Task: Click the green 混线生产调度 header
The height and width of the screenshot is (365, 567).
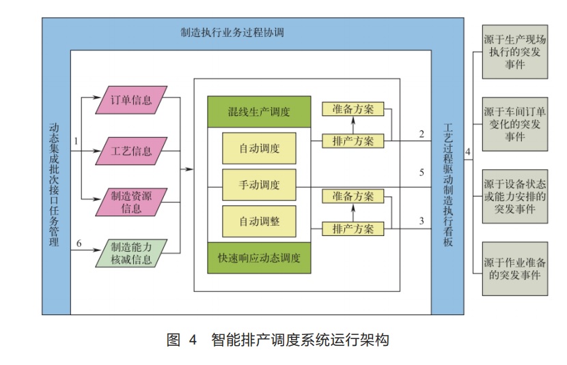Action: click(259, 112)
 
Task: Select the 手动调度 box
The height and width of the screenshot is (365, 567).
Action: click(259, 185)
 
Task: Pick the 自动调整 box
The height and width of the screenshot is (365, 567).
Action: click(259, 221)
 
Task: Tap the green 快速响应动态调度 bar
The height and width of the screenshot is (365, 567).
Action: click(259, 259)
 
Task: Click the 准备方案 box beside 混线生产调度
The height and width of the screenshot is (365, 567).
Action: click(353, 109)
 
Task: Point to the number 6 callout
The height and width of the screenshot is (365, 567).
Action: click(79, 244)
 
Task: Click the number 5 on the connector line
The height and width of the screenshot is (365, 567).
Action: click(422, 172)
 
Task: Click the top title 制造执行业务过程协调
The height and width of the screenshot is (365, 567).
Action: click(232, 32)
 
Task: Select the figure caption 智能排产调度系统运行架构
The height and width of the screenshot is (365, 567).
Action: click(300, 339)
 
